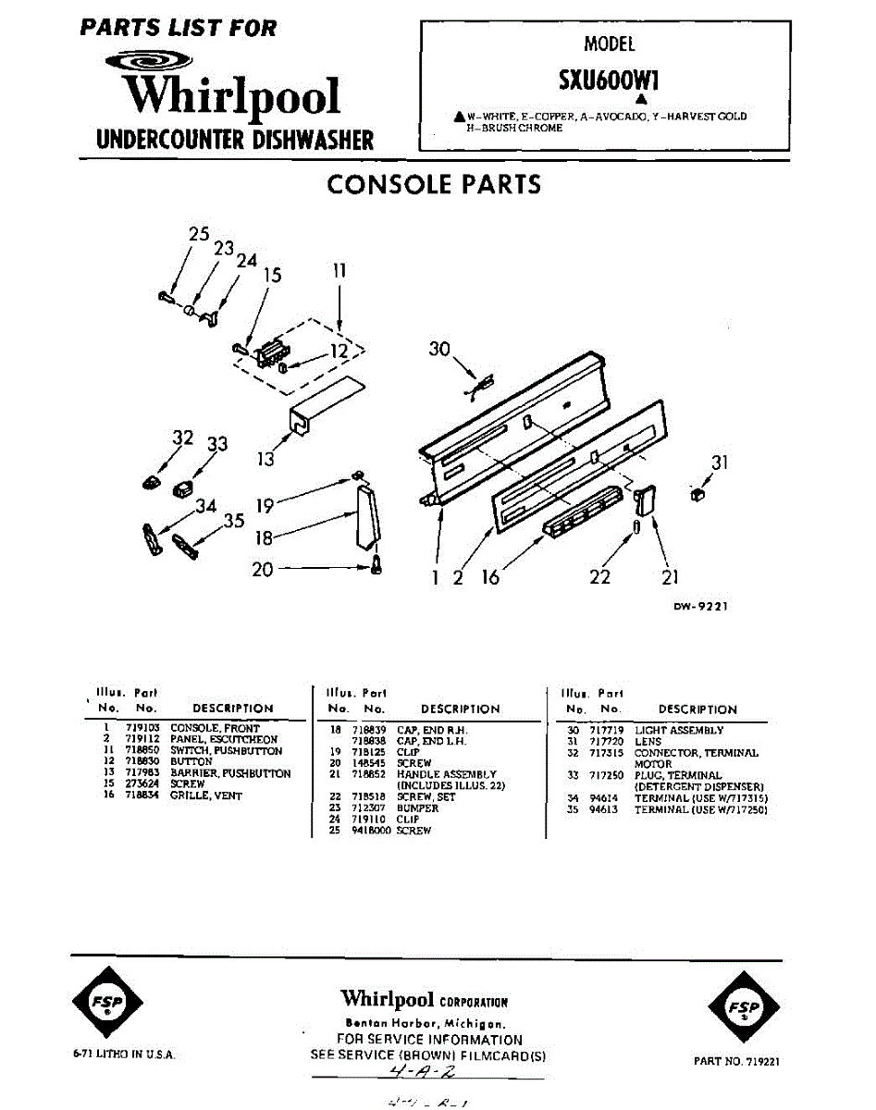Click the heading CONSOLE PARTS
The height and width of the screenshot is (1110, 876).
tap(434, 184)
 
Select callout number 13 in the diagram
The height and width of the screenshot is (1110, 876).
tap(265, 458)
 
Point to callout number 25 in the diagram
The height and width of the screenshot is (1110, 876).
tap(199, 235)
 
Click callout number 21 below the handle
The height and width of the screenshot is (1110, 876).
tap(670, 576)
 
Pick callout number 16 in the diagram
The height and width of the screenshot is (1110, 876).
tap(490, 577)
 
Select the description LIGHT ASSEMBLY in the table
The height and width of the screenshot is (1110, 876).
tap(679, 731)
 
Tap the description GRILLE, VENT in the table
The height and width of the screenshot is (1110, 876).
tap(205, 795)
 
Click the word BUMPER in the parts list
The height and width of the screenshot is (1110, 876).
tap(417, 808)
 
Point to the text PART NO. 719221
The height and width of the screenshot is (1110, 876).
tap(736, 1061)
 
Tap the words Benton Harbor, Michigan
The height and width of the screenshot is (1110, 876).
tap(425, 1024)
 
